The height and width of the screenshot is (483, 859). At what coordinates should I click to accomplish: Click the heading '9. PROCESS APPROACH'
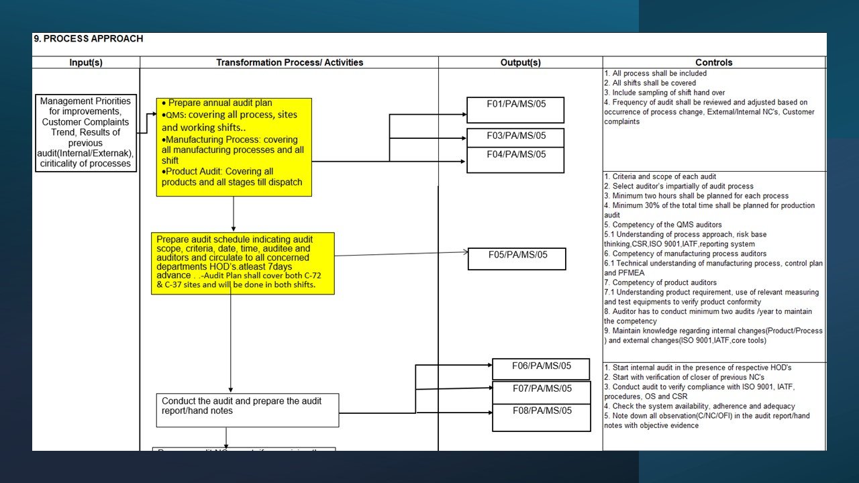[89, 39]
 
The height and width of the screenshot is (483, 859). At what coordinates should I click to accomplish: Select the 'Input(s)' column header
[86, 62]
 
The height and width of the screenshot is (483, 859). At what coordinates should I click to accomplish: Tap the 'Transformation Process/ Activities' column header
[289, 62]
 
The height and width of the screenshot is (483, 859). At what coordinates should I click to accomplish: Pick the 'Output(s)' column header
[520, 62]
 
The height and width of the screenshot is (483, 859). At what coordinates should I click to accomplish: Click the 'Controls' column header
[714, 62]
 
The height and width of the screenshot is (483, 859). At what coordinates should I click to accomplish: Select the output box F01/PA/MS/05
[515, 109]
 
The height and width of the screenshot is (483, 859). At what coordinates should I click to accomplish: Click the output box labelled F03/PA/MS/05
[515, 137]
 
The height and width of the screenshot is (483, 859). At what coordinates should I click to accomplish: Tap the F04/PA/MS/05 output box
[515, 160]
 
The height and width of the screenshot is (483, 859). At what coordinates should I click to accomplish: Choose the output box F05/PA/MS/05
[517, 258]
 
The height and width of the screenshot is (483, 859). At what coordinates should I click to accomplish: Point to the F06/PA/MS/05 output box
[541, 369]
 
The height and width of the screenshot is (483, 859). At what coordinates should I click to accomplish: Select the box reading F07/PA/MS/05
[541, 392]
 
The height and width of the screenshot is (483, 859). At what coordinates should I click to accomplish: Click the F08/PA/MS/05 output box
[541, 417]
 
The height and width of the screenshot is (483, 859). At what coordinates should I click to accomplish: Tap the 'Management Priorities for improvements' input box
[86, 133]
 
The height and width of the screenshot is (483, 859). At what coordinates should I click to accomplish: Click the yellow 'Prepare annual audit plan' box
[234, 147]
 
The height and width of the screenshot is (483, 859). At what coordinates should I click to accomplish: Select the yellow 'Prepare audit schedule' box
[242, 263]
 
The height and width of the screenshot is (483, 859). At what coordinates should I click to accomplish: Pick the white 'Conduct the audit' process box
[247, 410]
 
